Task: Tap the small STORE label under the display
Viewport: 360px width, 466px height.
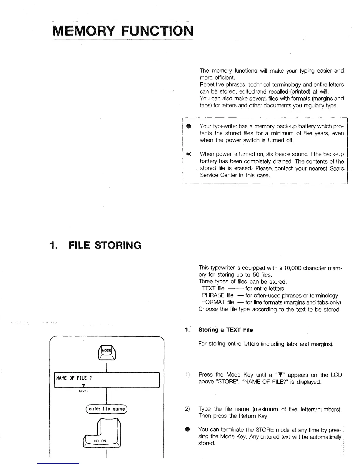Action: coord(84,391)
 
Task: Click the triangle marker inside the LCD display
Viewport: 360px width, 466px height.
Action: coord(84,385)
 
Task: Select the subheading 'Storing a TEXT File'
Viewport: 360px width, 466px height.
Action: coord(226,330)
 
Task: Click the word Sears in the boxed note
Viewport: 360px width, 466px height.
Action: coord(337,169)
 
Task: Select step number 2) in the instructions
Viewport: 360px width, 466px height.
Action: coord(187,409)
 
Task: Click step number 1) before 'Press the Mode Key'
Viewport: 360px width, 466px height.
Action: coord(187,375)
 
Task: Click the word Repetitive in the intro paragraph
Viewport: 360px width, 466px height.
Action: coord(212,85)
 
